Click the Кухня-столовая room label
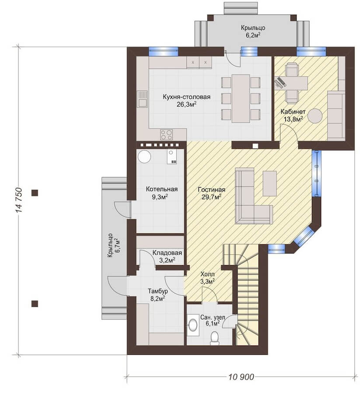(x=186, y=97)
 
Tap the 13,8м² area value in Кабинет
(x=293, y=119)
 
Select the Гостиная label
(x=212, y=190)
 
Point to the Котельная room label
(x=162, y=189)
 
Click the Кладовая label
(x=167, y=253)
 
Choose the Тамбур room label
(x=158, y=291)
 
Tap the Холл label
(x=207, y=274)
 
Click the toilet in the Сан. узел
(x=214, y=338)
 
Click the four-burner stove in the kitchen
(x=167, y=135)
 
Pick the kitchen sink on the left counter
(x=142, y=99)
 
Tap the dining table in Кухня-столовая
(x=241, y=98)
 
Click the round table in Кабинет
(x=315, y=116)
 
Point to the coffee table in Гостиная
(x=269, y=184)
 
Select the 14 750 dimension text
(x=19, y=201)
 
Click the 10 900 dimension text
(x=241, y=377)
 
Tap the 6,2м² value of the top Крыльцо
(x=253, y=35)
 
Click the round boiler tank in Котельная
(x=144, y=156)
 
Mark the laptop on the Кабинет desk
(x=280, y=83)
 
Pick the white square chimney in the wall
(x=255, y=146)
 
